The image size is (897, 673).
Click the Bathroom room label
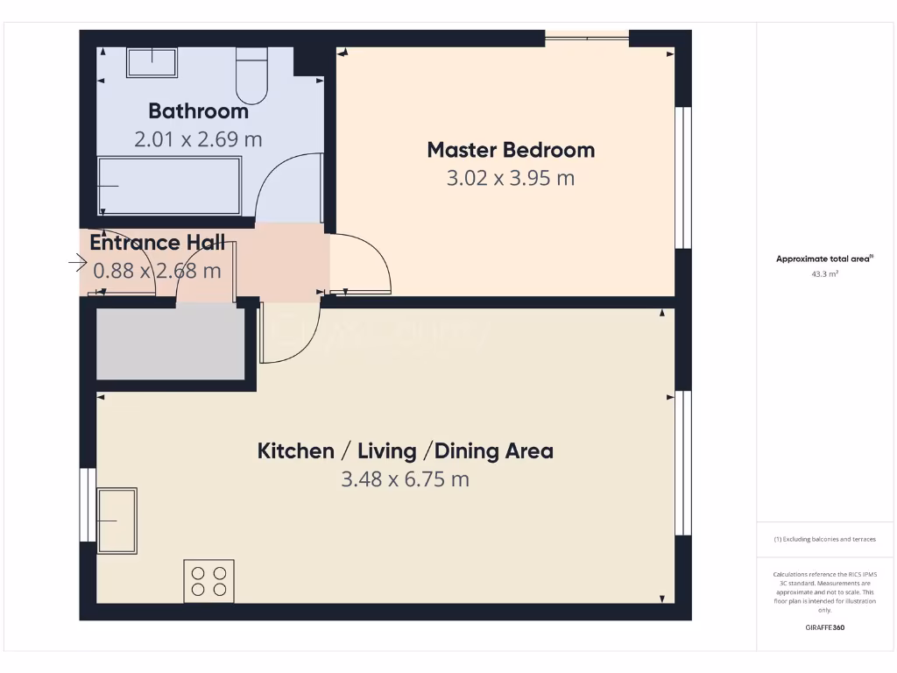point(198,111)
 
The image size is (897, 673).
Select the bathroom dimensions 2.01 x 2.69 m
point(198,139)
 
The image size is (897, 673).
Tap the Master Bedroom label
point(511,150)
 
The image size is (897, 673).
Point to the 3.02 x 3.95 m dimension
point(511,179)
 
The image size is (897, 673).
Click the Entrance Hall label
point(158,243)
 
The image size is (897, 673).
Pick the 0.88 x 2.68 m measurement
point(158,271)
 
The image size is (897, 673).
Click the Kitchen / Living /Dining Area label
point(405,451)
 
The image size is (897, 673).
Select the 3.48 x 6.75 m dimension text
point(405,479)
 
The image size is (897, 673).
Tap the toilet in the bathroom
point(251,75)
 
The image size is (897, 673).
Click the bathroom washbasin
point(152,62)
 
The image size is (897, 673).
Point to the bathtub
point(168,186)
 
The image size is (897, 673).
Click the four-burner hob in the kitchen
point(208,581)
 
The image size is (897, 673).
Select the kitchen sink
point(117,521)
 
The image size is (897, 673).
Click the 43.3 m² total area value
point(824,274)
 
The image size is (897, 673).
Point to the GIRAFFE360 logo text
point(824,627)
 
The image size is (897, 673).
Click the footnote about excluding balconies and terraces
point(824,539)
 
